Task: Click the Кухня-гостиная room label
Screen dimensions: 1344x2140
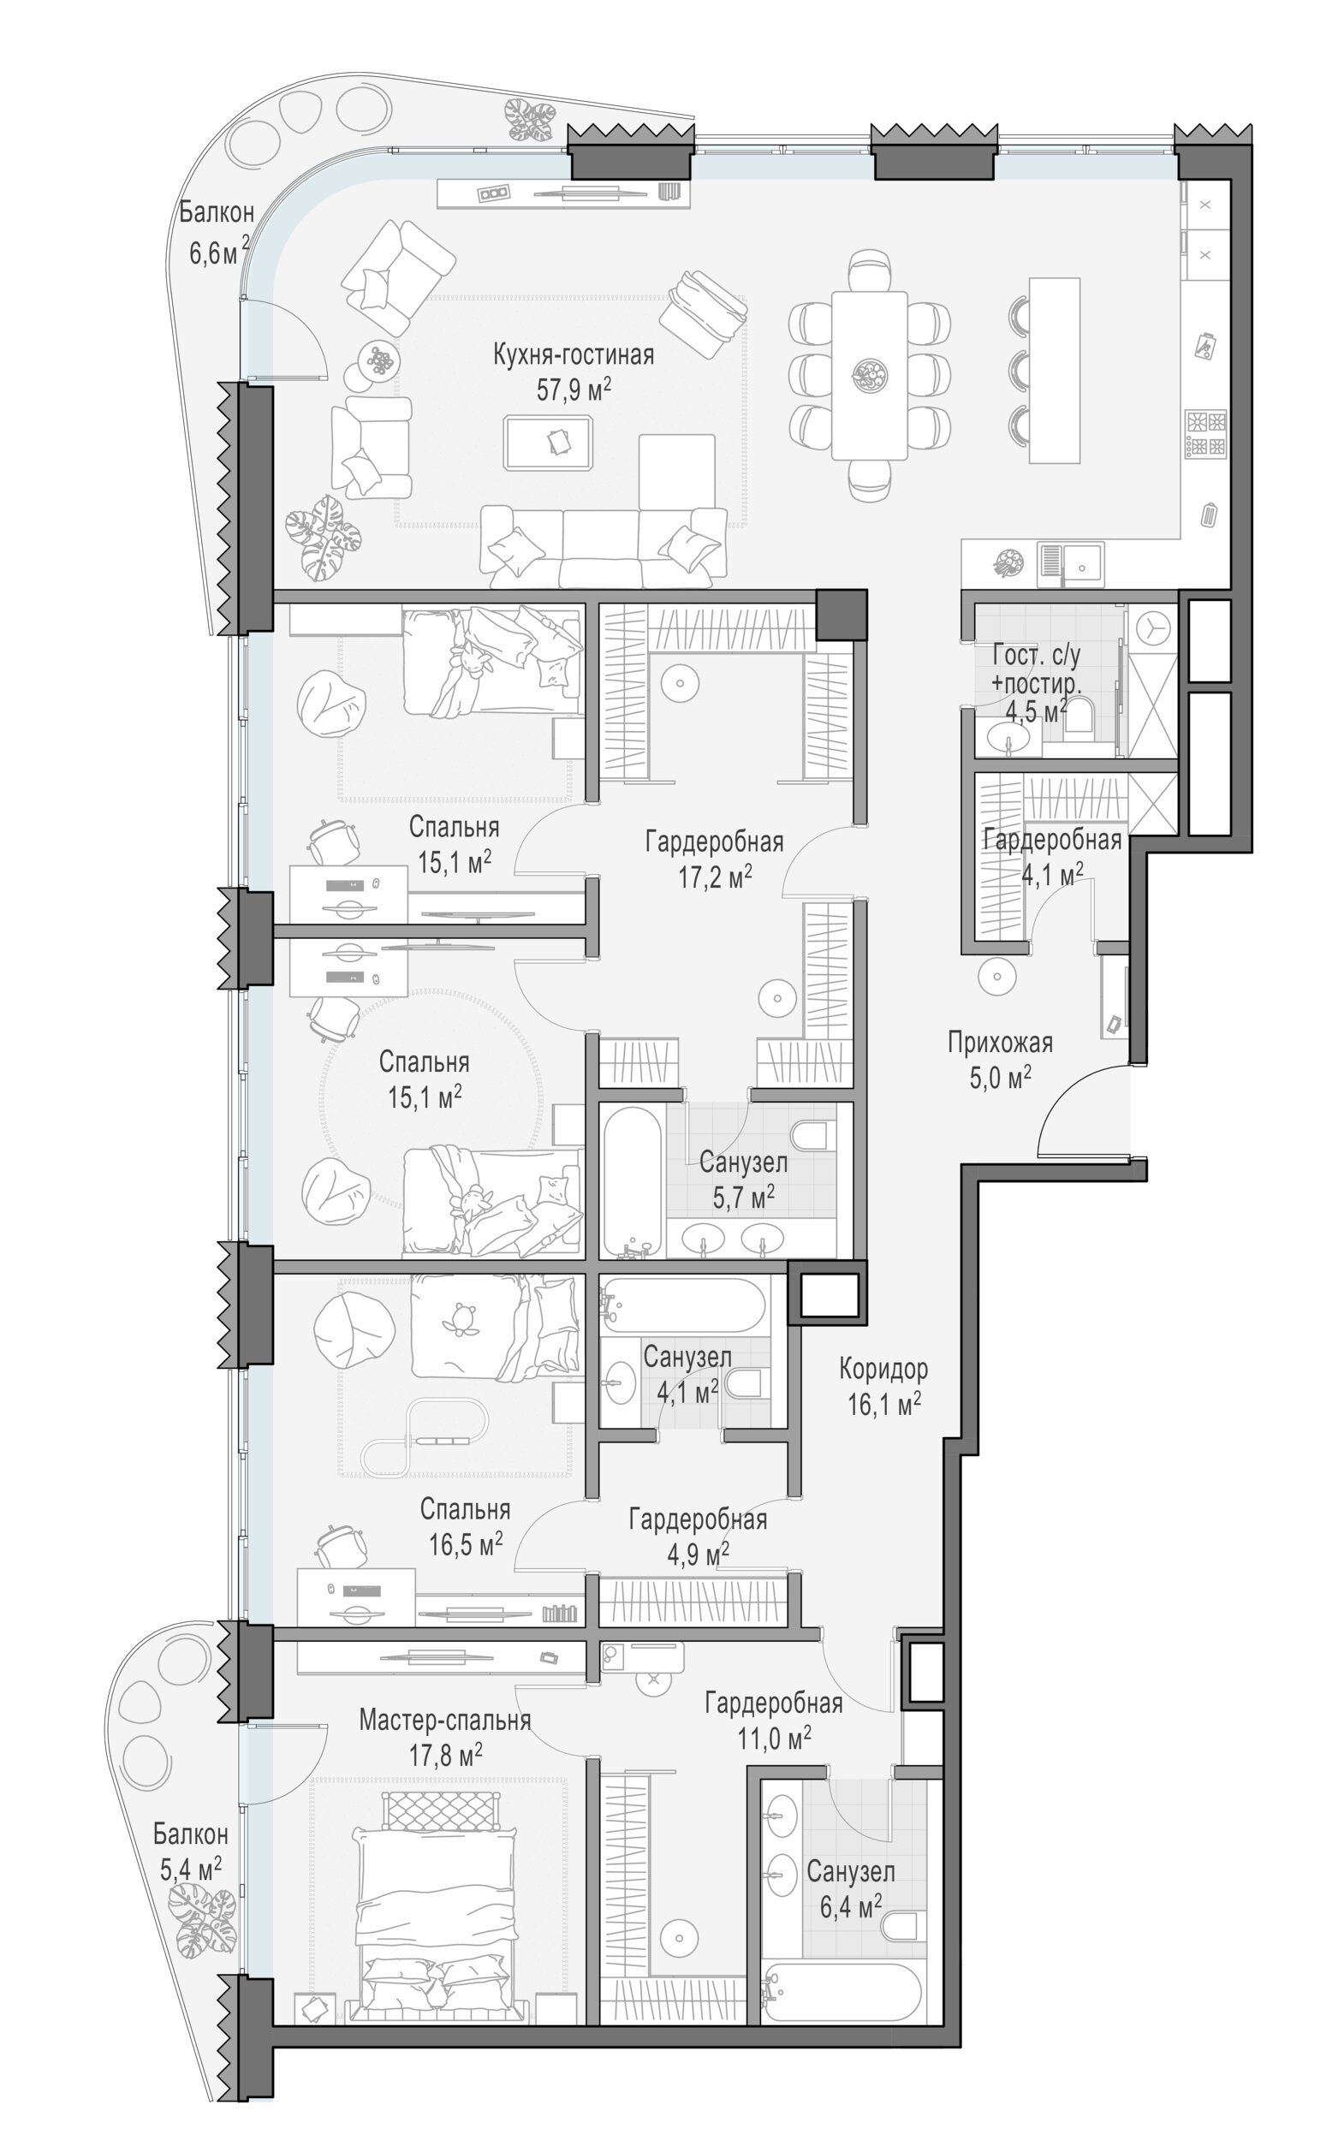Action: (574, 355)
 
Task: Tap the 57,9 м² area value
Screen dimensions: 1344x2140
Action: (574, 389)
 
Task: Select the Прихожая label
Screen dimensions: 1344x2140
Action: (1000, 1043)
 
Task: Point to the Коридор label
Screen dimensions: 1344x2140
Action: (883, 1370)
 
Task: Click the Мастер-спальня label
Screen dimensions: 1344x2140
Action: (444, 1721)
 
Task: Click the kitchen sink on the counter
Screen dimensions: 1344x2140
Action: (1071, 562)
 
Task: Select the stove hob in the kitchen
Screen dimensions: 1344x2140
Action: (1206, 435)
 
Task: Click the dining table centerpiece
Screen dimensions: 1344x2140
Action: (870, 374)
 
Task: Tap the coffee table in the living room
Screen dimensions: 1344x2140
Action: (549, 442)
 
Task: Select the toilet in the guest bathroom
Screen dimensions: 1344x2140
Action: (1077, 715)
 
